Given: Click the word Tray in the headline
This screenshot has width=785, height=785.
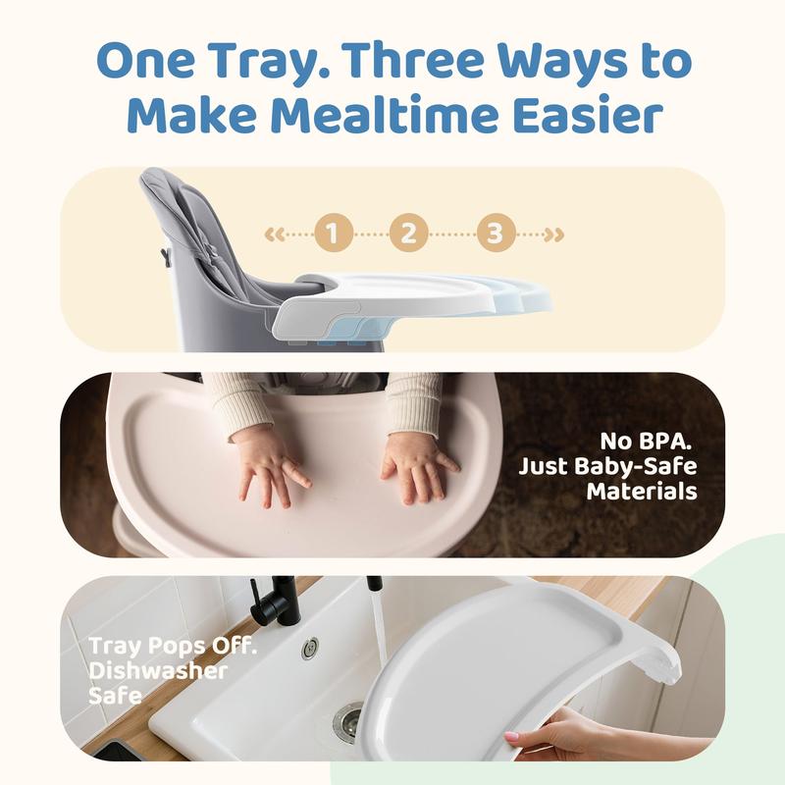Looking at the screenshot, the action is pos(268,60).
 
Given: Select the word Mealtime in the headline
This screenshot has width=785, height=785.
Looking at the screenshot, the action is pos(387,116).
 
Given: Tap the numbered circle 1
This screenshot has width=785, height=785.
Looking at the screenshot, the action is pos(334,233).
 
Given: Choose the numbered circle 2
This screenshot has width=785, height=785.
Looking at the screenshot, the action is pos(408,233).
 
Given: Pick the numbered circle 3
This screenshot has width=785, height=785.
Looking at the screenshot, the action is pos(496,233).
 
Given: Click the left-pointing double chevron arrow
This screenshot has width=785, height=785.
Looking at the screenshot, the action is pos(275,234).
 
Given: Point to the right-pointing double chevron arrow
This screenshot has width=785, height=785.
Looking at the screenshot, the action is pos(554,234).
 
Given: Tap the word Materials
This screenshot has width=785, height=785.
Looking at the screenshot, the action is pos(642,492).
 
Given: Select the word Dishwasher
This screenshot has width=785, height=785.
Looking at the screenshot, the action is pos(158,671).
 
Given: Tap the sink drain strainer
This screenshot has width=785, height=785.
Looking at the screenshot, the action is pos(348,720).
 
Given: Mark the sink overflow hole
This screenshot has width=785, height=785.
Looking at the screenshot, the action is pos(310,649).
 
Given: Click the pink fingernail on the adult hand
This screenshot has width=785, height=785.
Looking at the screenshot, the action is pos(511,736).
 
